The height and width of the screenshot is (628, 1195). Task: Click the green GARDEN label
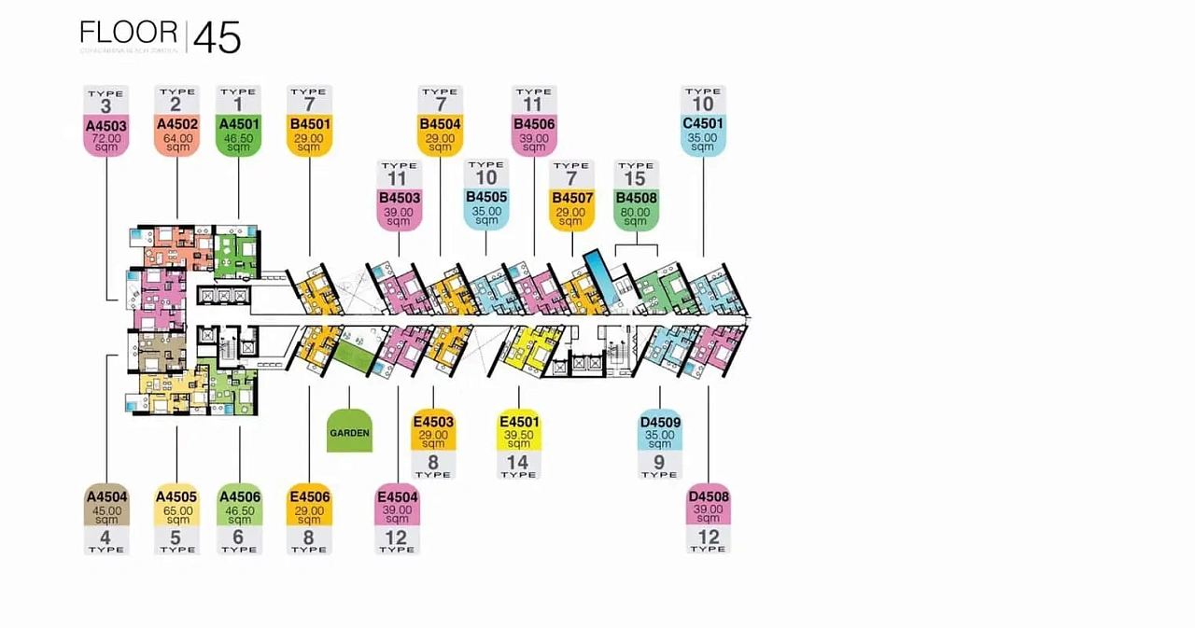(349, 432)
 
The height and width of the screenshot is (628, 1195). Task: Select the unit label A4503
(105, 126)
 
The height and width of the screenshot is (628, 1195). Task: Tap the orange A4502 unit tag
(177, 124)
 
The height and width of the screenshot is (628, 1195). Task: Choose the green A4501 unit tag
(238, 124)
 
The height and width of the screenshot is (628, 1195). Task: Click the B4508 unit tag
(637, 198)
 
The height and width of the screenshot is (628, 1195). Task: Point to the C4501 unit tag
(703, 123)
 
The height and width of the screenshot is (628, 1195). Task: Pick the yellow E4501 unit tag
(518, 422)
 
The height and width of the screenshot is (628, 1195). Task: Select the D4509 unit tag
(659, 422)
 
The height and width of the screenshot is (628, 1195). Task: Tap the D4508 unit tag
(708, 496)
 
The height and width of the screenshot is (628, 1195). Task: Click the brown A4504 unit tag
(105, 496)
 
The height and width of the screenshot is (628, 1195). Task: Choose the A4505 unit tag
(176, 496)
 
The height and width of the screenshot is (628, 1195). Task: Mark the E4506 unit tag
(309, 496)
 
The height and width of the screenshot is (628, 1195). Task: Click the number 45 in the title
(217, 39)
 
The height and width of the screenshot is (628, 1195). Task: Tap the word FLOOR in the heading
(129, 33)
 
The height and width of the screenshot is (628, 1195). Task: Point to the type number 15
(635, 178)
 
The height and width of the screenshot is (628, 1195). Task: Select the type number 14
(517, 462)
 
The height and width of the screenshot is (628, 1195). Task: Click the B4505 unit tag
(486, 197)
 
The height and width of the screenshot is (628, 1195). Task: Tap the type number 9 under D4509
(659, 462)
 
